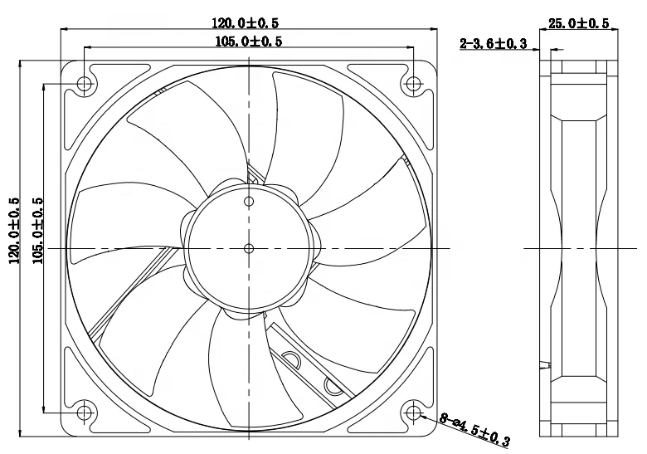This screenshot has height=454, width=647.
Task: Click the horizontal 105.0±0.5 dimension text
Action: [249, 41]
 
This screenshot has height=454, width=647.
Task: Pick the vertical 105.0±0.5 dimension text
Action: [37, 231]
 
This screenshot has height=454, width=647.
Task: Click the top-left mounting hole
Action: [84, 84]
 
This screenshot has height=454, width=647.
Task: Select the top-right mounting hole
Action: [413, 83]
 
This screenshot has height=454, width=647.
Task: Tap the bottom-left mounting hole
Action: [84, 413]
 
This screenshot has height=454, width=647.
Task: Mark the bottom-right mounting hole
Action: [413, 413]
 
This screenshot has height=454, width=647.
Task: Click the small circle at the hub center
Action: [249, 247]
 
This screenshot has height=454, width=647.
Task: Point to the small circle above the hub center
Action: [249, 200]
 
